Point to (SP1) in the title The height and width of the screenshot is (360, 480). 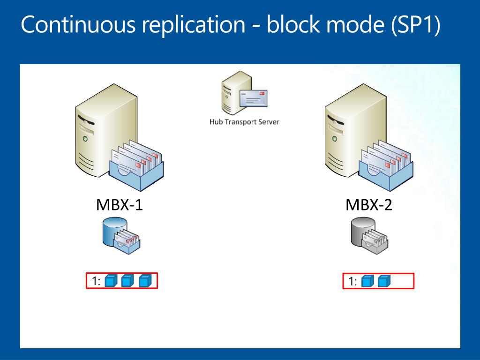416,24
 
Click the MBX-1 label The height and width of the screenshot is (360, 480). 120,205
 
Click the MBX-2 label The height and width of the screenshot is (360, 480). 369,205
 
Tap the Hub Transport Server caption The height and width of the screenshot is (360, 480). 244,122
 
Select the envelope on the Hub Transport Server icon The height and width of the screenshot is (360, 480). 254,98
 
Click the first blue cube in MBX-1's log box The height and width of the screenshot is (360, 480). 111,281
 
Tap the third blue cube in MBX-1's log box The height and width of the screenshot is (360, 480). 145,281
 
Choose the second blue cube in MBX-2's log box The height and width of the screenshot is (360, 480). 384,281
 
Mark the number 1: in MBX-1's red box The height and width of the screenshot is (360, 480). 96,281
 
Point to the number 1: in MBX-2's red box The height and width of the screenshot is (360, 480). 353,281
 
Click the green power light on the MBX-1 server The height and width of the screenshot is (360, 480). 85,139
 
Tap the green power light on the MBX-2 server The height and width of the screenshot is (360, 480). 335,139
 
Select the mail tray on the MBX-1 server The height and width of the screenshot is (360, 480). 136,165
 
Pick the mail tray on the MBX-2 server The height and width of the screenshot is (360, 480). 386,165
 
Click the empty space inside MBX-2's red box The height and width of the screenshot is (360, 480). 402,281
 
